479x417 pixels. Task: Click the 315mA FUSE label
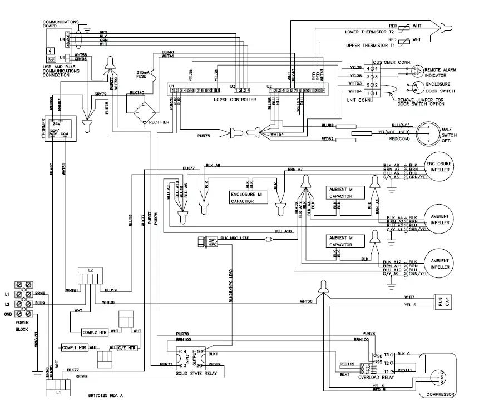coord(144,75)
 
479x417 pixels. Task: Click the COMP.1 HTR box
coord(75,348)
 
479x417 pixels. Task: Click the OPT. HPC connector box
coord(203,241)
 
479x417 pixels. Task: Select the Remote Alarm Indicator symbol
coord(414,71)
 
